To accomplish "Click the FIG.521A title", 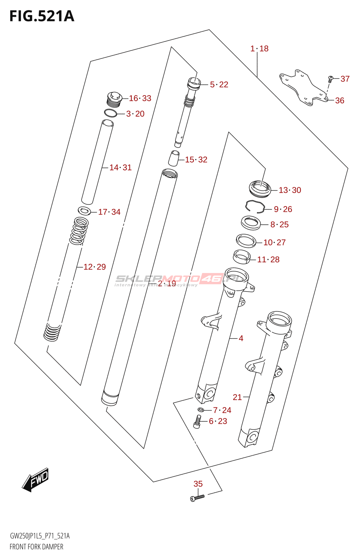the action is [x=42, y=16].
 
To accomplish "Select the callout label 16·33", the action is [x=140, y=98].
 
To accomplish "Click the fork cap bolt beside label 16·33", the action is [x=114, y=98].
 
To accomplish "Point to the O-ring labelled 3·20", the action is [x=111, y=113].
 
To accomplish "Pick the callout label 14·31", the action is [x=120, y=168].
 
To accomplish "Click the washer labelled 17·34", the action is [x=84, y=211].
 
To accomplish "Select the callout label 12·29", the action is [x=95, y=267].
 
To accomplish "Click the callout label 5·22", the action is [x=219, y=85].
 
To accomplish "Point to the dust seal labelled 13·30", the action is [x=260, y=189].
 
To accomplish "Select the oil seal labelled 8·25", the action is [x=251, y=223].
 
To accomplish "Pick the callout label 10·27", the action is [x=274, y=243].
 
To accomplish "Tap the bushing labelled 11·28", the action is [x=242, y=257].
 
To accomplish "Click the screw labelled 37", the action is [x=330, y=78].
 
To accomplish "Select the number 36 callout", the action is [x=340, y=101].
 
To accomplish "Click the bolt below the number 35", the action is [x=197, y=498].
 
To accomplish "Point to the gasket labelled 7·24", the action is [x=201, y=410].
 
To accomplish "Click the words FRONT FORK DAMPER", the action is [x=36, y=547].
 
